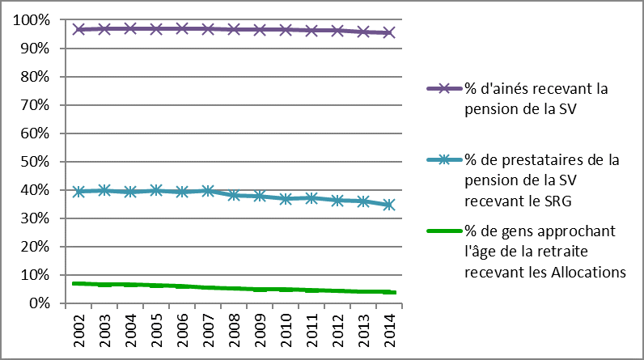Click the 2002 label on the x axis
[79, 328]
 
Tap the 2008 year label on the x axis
[235, 328]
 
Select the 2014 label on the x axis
[389, 328]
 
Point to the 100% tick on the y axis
[33, 20]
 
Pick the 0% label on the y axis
[40, 303]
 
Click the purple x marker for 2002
[79, 29]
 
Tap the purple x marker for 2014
[389, 33]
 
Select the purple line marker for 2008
[235, 29]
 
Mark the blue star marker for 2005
[157, 190]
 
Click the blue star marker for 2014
[389, 205]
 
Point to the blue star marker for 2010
[286, 198]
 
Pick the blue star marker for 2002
[79, 192]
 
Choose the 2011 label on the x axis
[311, 328]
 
